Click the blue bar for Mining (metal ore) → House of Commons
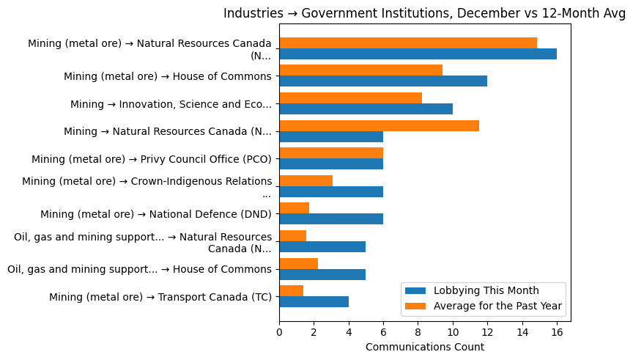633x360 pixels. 382,81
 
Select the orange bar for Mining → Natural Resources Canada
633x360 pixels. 379,125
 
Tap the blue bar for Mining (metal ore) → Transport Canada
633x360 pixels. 314,302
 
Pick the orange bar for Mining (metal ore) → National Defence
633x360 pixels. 294,208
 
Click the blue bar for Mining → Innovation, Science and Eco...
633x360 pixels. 366,109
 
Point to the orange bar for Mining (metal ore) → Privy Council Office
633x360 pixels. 330,153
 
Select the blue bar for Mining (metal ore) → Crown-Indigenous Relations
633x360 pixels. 330,192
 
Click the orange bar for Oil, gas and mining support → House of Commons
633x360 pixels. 298,264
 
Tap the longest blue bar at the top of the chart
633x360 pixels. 418,54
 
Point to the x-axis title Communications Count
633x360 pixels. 424,347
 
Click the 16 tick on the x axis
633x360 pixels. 557,331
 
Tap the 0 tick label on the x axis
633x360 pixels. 279,331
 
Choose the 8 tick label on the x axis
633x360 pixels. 418,331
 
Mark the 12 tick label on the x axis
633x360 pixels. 487,331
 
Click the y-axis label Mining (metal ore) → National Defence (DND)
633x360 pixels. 155,214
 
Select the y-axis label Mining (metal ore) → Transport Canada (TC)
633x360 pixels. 160,297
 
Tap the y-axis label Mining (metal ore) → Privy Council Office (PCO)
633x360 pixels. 151,159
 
